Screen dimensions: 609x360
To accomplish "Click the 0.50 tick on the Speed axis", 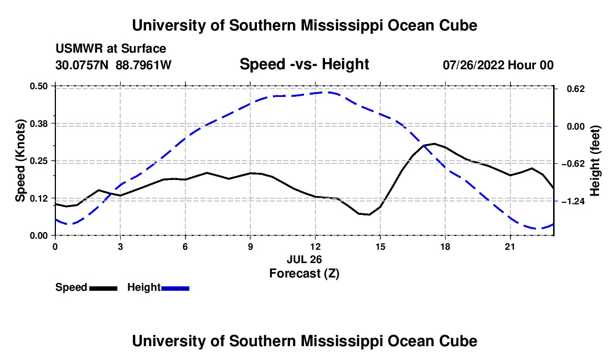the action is [38, 86].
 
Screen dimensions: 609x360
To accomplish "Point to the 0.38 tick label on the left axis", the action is [38, 124].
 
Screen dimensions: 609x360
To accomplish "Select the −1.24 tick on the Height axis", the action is [573, 201].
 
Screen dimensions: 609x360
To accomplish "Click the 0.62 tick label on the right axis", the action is [576, 89].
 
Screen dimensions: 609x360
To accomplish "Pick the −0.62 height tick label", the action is [573, 163].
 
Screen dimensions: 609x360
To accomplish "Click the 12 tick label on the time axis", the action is [316, 246].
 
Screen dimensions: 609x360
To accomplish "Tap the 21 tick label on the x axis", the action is [510, 246].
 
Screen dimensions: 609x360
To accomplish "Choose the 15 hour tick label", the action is [380, 246].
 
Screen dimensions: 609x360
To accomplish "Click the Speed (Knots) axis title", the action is [20, 161].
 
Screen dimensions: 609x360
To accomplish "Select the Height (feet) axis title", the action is [595, 161].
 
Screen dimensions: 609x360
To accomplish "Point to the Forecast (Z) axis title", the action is [304, 274].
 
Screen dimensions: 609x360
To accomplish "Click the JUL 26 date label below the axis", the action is [304, 259].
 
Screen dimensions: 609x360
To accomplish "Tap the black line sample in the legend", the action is [104, 289].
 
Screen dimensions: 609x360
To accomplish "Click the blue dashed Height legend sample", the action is [175, 289].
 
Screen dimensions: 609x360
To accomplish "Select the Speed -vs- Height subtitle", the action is [304, 64].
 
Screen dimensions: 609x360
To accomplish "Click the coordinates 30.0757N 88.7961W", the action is [113, 65].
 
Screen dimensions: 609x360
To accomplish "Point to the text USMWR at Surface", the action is [111, 49].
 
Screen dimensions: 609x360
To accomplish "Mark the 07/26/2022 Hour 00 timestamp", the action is [498, 65].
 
